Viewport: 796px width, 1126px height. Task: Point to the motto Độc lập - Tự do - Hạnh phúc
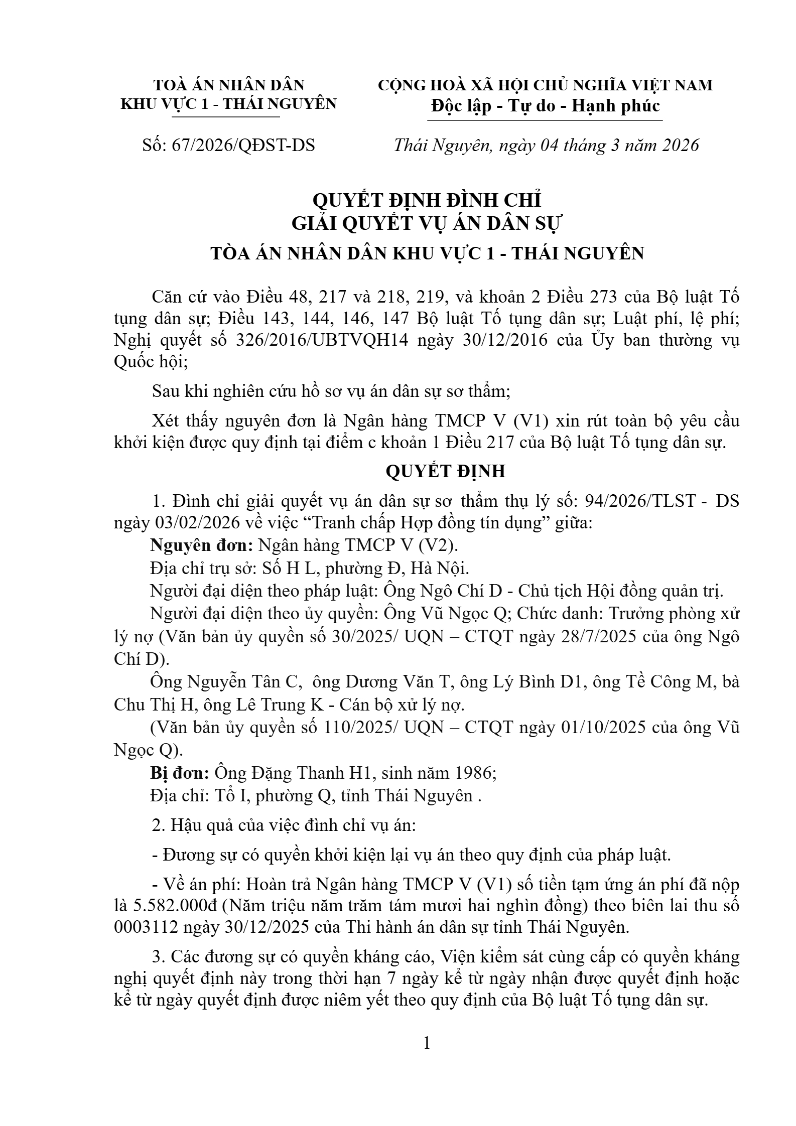[x=545, y=106]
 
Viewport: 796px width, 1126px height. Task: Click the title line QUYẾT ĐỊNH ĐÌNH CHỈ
[x=427, y=200]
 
